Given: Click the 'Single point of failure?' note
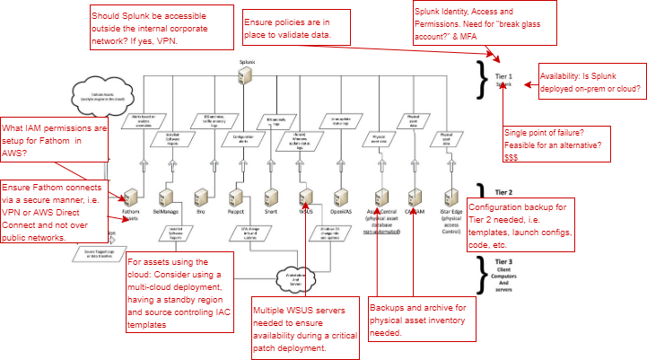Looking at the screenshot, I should [556, 131].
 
